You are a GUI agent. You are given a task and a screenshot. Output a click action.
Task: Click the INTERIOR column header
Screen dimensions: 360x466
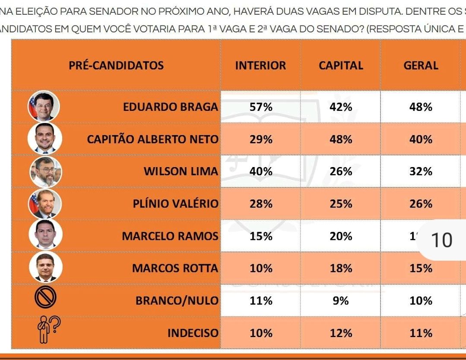260,66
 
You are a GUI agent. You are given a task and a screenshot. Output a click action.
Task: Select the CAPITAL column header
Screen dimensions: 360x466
341,66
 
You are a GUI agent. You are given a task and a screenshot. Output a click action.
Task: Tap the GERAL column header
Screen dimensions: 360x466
421,66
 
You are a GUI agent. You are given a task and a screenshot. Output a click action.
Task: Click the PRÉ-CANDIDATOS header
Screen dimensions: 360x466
116,66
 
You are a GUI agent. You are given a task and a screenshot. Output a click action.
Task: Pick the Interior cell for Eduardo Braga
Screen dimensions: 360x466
261,107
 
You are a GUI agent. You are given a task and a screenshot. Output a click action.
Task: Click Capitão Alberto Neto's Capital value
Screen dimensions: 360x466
341,139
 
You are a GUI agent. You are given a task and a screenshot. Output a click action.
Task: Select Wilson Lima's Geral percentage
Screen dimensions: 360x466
421,171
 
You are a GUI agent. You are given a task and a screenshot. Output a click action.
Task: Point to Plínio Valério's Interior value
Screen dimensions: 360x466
261,204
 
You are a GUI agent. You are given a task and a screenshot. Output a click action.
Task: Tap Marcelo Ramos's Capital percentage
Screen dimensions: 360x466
341,236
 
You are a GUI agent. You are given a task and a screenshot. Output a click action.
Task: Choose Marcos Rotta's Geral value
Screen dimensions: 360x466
421,268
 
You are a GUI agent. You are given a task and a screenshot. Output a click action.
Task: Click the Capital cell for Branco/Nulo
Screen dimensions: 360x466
341,301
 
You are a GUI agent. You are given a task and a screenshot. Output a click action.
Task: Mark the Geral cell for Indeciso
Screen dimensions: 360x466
421,333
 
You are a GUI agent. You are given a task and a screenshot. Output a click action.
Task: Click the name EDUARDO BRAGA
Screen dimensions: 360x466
170,107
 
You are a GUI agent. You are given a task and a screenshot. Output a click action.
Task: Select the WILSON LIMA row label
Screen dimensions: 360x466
181,171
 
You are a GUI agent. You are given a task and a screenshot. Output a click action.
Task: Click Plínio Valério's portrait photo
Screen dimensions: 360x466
45,204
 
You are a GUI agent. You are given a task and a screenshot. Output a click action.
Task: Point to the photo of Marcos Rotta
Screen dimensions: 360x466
45,268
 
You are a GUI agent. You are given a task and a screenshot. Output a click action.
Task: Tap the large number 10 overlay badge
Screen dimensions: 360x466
441,240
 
